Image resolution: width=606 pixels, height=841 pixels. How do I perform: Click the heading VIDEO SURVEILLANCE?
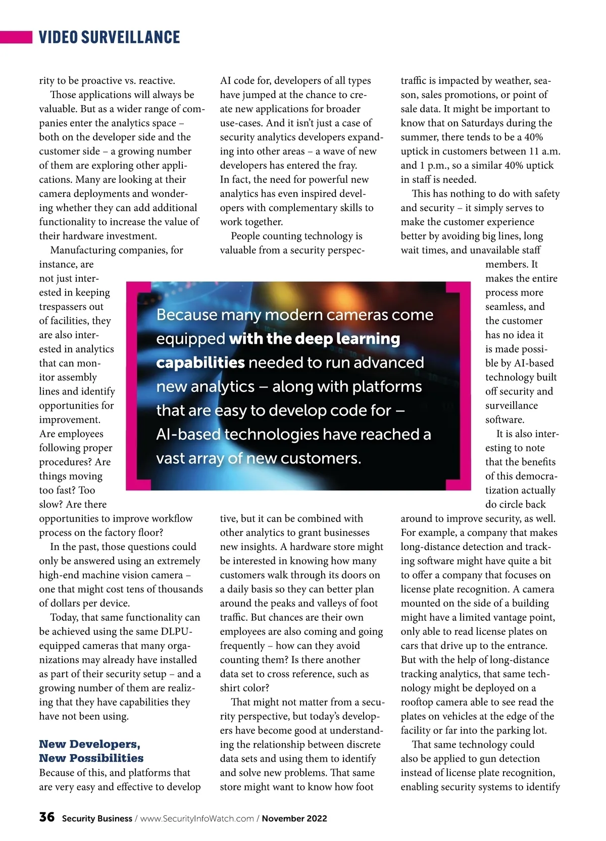[109, 37]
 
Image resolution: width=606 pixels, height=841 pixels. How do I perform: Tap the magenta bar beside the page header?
[16, 37]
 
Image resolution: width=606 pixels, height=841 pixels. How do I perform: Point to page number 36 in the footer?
[47, 817]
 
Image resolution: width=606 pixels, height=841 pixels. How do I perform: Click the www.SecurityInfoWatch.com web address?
[197, 819]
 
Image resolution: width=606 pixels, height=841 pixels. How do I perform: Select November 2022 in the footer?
[294, 819]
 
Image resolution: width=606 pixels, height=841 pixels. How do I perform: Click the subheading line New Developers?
[90, 744]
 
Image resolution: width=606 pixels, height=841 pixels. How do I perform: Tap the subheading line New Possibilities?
[91, 758]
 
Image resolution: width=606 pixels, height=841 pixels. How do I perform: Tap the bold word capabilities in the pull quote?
[200, 363]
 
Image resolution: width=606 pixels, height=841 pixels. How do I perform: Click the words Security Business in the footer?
[97, 819]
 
